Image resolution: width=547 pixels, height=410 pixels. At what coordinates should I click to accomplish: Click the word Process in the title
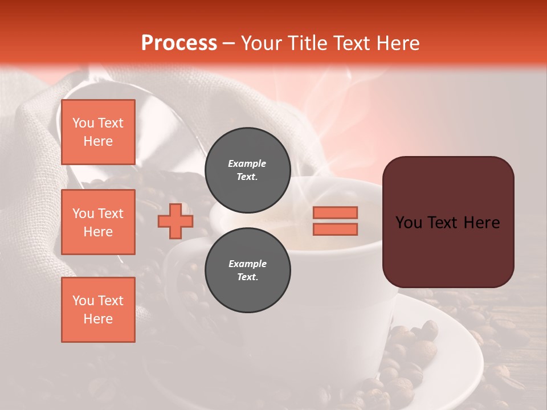(179, 43)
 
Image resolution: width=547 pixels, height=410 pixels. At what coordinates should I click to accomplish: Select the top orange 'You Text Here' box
(98, 132)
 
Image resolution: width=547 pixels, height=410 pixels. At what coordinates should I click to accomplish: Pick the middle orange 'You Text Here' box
(98, 222)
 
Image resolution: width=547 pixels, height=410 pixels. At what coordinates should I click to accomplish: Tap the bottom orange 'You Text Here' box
(98, 310)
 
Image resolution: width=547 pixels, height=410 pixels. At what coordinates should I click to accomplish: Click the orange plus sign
(175, 221)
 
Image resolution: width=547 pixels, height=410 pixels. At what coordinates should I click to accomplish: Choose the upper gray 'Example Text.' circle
(247, 170)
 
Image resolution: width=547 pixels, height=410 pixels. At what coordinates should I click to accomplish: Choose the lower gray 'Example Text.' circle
(247, 270)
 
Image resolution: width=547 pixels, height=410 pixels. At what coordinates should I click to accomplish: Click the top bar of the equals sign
(335, 212)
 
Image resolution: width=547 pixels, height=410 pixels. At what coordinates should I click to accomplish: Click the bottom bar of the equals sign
(335, 229)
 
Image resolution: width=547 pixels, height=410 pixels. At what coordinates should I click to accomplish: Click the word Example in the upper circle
(247, 163)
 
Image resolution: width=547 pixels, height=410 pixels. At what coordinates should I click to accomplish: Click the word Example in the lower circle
(247, 264)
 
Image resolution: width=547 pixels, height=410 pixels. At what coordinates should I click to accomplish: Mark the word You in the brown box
(409, 223)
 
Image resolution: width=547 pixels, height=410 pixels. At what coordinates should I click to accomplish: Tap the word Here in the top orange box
(98, 141)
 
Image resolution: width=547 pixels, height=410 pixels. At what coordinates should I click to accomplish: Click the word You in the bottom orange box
(83, 301)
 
